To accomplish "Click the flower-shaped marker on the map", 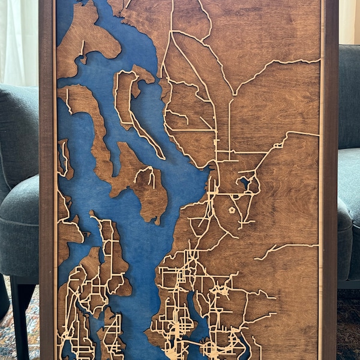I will [x=232, y=211].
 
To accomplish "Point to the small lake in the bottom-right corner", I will [x=244, y=347].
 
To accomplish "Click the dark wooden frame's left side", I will [x=46, y=180].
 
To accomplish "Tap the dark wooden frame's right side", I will [x=331, y=180].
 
